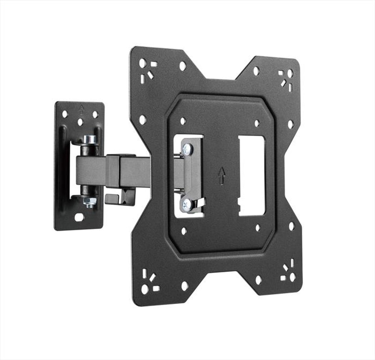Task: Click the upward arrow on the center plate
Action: pos(222,175)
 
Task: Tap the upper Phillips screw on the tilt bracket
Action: pos(187,149)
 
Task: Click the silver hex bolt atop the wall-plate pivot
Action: pos(90,139)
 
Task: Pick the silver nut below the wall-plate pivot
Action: pos(90,202)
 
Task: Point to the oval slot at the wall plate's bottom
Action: pos(79,217)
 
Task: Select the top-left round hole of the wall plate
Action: pos(64,114)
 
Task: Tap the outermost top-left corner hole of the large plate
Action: pos(142,63)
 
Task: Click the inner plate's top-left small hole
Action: pos(183,121)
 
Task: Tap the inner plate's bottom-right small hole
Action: pos(258,227)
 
